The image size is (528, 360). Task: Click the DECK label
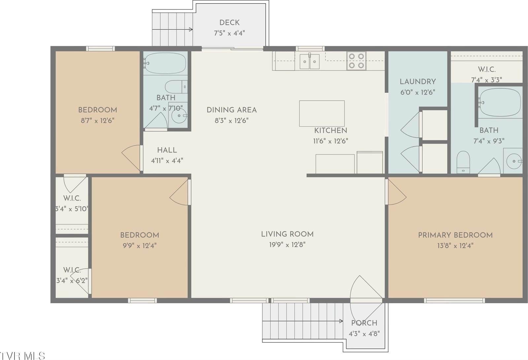pyautogui.click(x=229, y=23)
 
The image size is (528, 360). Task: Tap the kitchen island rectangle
pyautogui.click(x=322, y=113)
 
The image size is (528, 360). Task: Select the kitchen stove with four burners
pyautogui.click(x=356, y=61)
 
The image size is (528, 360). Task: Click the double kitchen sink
pyautogui.click(x=310, y=61)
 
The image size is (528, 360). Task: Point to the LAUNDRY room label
pyautogui.click(x=417, y=82)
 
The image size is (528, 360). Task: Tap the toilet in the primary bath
pyautogui.click(x=463, y=162)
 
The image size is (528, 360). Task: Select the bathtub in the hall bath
pyautogui.click(x=165, y=63)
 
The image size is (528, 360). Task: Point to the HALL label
pyautogui.click(x=167, y=150)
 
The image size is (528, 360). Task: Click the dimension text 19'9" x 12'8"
pyautogui.click(x=287, y=245)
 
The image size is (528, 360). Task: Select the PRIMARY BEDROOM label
pyautogui.click(x=455, y=235)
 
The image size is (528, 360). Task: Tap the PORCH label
pyautogui.click(x=364, y=323)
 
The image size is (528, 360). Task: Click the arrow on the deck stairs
pyautogui.click(x=191, y=29)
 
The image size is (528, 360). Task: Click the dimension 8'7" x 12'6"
pyautogui.click(x=97, y=121)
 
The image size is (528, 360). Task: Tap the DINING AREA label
pyautogui.click(x=231, y=110)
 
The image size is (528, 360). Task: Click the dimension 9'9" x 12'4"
pyautogui.click(x=139, y=246)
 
